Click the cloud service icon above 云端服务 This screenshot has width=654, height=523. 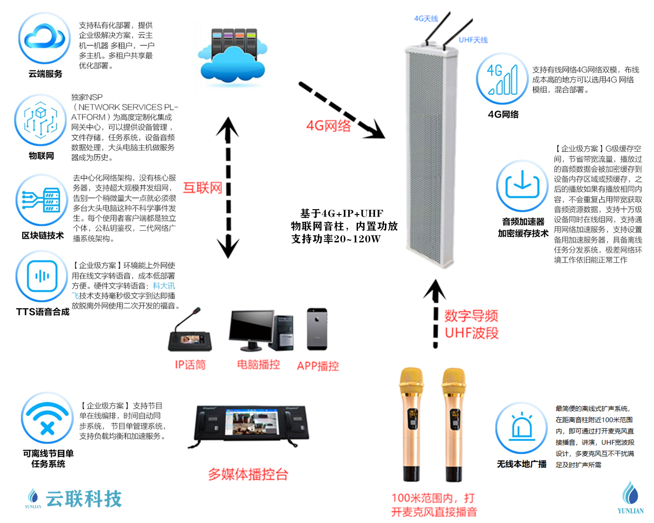(44, 38)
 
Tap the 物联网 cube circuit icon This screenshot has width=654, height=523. (41, 120)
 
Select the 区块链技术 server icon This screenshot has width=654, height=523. (42, 200)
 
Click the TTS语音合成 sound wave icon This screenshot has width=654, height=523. (42, 276)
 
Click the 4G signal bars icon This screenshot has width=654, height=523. (502, 79)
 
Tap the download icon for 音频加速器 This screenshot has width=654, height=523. (522, 186)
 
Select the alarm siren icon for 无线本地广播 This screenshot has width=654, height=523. (521, 428)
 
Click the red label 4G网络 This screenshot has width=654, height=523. (328, 126)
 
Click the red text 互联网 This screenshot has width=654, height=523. (203, 188)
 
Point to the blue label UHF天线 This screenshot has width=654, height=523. (473, 40)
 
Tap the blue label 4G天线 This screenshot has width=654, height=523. (426, 18)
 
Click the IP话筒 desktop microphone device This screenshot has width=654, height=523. (190, 333)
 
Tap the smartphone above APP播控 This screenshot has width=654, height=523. (317, 329)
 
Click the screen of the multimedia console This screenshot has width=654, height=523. (251, 422)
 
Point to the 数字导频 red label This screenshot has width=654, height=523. (471, 316)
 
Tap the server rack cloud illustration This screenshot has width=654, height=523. (233, 56)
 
